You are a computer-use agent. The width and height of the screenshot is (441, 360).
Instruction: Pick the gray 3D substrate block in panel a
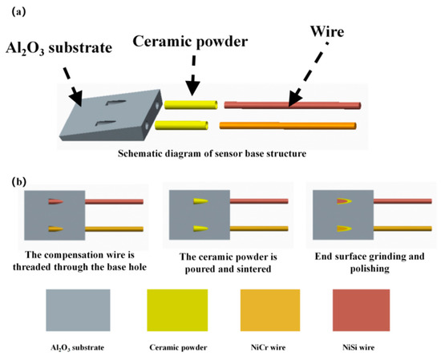tap(108, 122)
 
